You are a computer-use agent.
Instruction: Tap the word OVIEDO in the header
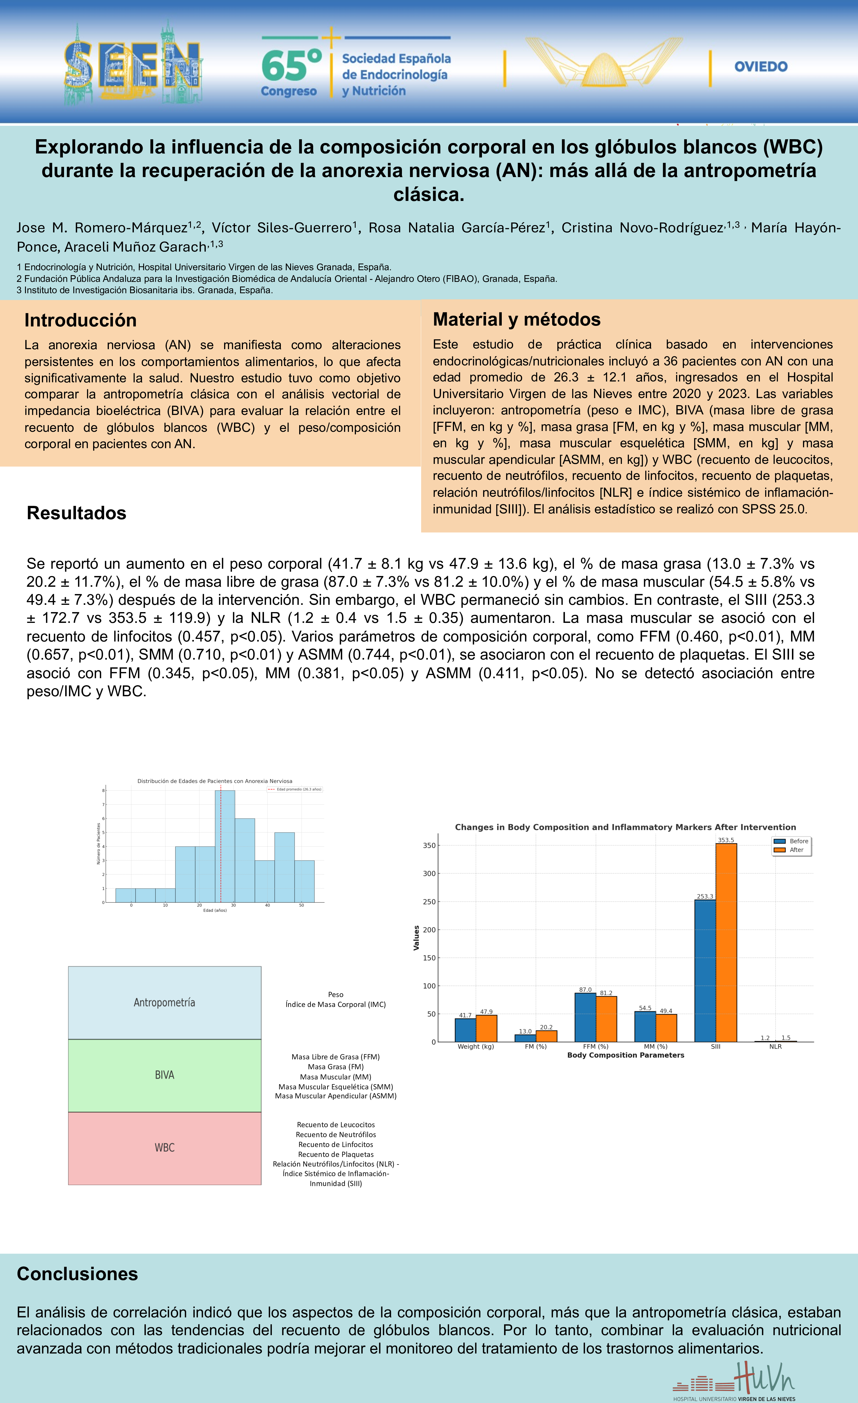tap(761, 67)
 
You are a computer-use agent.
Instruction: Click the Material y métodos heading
tap(517, 319)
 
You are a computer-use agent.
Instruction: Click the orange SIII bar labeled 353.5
tap(726, 943)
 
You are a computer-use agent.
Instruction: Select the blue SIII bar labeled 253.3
tap(705, 971)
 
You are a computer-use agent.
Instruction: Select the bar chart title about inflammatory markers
tap(625, 827)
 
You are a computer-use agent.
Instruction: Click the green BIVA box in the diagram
tap(164, 1075)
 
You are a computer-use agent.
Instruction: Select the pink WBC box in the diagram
tap(164, 1147)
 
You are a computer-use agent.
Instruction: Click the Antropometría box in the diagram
tap(164, 1003)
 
